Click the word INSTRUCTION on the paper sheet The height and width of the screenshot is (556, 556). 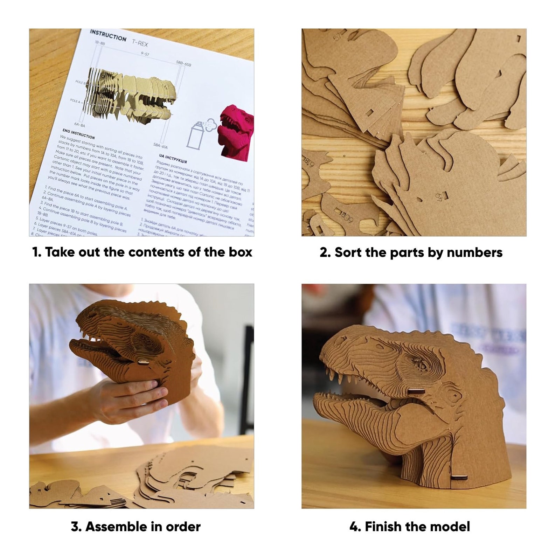click(108, 35)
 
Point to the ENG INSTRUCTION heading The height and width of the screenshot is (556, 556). click(78, 133)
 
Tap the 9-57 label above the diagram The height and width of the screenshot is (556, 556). click(145, 54)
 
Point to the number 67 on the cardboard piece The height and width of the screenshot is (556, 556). click(439, 197)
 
